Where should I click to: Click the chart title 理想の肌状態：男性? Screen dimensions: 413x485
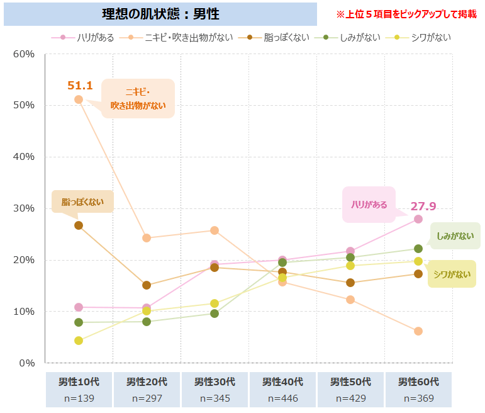point(160,14)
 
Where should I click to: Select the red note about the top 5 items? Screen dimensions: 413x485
point(406,14)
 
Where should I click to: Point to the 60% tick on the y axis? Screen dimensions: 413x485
point(24,54)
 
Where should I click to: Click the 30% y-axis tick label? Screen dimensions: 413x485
point(24,208)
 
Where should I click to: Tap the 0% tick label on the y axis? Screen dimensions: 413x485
point(27,363)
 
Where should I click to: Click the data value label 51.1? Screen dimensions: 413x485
point(80,86)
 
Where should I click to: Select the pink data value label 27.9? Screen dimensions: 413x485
point(423,206)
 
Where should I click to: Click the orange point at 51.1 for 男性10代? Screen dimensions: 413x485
point(79,99)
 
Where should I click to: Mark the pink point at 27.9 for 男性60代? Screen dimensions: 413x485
point(418,219)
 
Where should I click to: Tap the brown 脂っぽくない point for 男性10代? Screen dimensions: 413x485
point(79,225)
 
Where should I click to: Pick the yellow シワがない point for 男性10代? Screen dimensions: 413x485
point(79,341)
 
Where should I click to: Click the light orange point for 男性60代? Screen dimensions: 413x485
point(418,331)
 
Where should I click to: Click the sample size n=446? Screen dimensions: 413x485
point(282,399)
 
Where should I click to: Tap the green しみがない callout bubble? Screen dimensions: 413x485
point(455,236)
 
